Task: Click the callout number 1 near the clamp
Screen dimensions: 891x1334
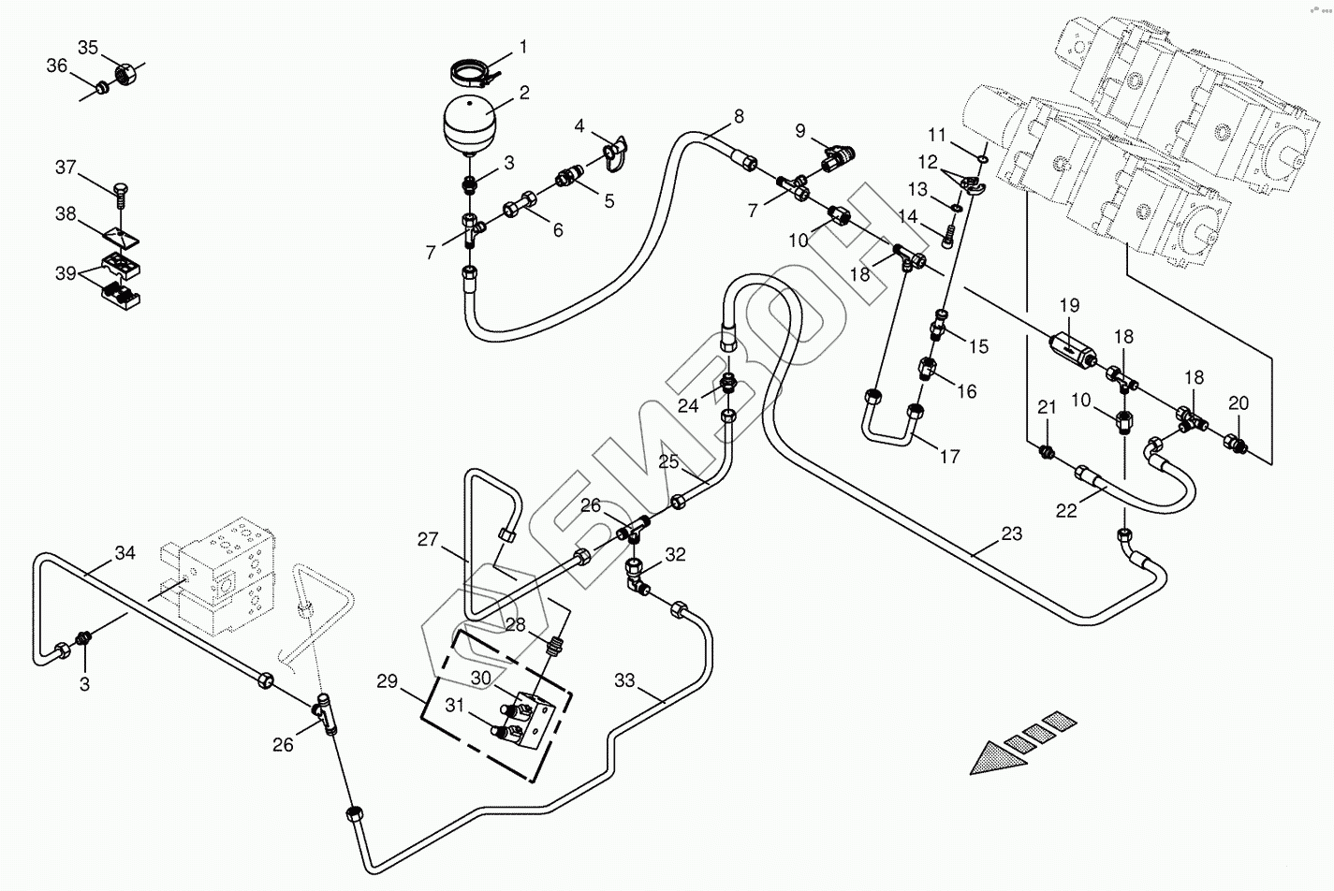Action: (523, 47)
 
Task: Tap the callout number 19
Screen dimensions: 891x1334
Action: (1069, 305)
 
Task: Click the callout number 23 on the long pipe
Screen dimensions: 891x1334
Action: (1011, 534)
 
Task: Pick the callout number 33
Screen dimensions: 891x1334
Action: (624, 680)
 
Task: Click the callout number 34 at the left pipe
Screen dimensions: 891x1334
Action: (125, 553)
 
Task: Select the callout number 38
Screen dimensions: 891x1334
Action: (66, 214)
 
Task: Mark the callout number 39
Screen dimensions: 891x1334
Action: (66, 273)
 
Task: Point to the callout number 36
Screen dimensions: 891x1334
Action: (56, 66)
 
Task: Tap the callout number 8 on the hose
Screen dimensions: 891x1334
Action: (739, 117)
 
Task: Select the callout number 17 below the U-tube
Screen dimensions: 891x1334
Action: (948, 458)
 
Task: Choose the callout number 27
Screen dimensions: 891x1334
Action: (428, 539)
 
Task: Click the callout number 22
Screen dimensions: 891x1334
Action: (1066, 510)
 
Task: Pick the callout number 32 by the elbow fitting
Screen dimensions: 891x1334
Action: (675, 555)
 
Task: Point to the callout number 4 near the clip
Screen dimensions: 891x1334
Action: (579, 125)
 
